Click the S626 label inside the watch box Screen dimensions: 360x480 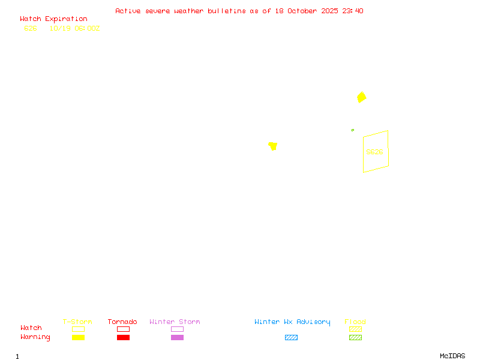coord(374,152)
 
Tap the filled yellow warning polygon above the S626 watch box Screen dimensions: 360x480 coord(361,97)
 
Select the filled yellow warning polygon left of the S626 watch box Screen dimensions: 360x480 coord(273,146)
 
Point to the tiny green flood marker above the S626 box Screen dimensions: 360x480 coord(353,130)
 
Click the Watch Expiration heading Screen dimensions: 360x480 coord(53,19)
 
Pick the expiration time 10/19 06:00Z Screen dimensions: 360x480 coord(74,28)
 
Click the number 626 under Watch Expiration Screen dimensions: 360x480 coord(31,28)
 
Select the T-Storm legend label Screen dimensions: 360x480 coord(77,322)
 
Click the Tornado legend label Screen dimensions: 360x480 coord(122,322)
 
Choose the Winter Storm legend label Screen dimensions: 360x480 coord(175,322)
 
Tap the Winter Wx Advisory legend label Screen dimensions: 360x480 coord(292,322)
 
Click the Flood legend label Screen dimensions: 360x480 coord(355,322)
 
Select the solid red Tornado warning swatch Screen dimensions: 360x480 coord(123,337)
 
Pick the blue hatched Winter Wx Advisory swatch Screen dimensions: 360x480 coord(291,337)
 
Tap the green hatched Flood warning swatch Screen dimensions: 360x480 coord(355,337)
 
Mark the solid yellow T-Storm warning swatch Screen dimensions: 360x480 coord(78,337)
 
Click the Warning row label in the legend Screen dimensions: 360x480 coord(35,337)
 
